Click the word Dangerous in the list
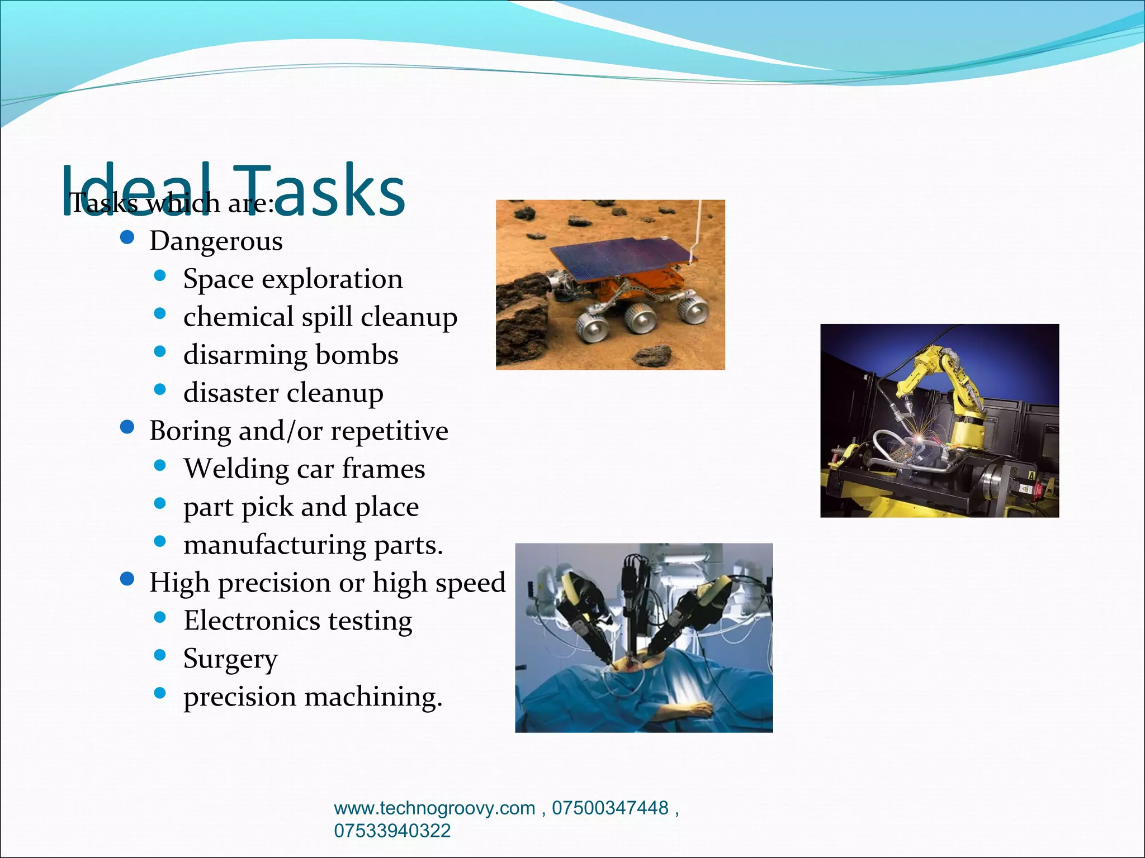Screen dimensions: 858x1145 [216, 241]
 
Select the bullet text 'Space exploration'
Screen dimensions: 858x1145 [292, 279]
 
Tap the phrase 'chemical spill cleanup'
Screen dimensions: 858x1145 [320, 317]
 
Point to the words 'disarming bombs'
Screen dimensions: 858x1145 [291, 355]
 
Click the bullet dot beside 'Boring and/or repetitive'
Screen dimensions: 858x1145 [127, 428]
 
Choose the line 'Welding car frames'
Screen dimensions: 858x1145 [304, 469]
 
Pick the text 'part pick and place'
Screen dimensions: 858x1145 [301, 507]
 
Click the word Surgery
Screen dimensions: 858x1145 [230, 659]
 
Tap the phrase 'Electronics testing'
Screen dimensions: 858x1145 [298, 621]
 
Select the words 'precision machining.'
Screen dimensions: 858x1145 [313, 697]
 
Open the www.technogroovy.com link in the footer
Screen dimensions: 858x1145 [434, 808]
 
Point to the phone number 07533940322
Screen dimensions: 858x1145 [392, 831]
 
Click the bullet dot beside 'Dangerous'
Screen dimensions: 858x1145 [127, 238]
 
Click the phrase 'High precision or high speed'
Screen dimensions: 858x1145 [327, 583]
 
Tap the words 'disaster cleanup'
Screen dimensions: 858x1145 [283, 393]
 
